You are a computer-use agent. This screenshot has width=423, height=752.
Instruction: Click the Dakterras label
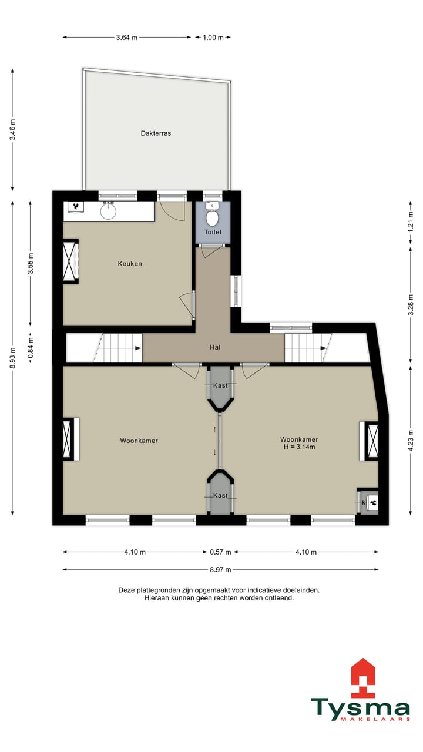(156, 133)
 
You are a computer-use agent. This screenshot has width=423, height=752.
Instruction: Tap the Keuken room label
(130, 264)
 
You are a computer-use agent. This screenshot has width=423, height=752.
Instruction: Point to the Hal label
(215, 347)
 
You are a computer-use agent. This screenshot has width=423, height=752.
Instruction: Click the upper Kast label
(220, 385)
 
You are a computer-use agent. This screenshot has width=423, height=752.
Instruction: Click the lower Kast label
(220, 495)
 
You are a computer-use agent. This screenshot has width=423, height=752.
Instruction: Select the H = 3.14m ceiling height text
(299, 447)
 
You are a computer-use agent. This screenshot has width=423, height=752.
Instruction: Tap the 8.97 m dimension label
(220, 569)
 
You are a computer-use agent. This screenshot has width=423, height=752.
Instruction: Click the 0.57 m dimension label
(220, 552)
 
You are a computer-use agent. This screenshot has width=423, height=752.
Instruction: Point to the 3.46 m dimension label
(13, 130)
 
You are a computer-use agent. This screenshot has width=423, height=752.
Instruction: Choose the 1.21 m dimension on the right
(411, 219)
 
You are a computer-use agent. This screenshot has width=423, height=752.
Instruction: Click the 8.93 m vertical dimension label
(13, 358)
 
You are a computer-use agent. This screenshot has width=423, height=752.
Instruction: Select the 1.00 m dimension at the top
(213, 38)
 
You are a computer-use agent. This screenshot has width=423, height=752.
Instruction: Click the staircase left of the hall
(117, 348)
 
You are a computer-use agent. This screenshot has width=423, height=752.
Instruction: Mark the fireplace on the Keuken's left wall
(70, 261)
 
